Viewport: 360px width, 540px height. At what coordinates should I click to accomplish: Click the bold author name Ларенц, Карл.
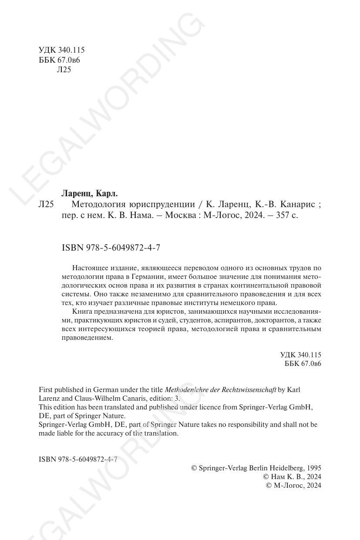pyautogui.click(x=90, y=193)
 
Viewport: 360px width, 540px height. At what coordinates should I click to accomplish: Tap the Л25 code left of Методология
pyautogui.click(x=46, y=204)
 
